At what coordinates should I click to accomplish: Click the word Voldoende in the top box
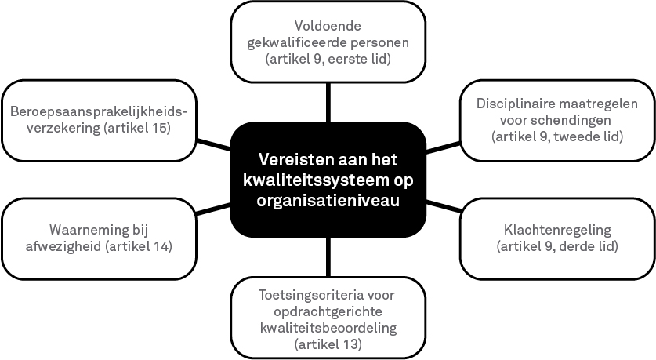pyautogui.click(x=328, y=26)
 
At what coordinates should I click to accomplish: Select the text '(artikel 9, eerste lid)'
pyautogui.click(x=328, y=59)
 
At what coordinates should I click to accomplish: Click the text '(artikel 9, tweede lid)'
pyautogui.click(x=557, y=136)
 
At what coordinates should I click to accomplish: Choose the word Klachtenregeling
pyautogui.click(x=557, y=231)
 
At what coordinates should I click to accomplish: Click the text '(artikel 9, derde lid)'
pyautogui.click(x=557, y=246)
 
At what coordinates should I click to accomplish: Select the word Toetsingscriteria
pyautogui.click(x=311, y=296)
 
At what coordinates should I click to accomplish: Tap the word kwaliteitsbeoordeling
pyautogui.click(x=328, y=328)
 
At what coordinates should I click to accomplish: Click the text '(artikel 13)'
pyautogui.click(x=328, y=344)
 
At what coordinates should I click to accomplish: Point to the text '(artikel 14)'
pyautogui.click(x=139, y=246)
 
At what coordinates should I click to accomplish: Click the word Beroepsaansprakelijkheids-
pyautogui.click(x=99, y=112)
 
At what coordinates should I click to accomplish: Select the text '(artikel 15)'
pyautogui.click(x=137, y=128)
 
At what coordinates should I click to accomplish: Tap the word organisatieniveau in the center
pyautogui.click(x=328, y=200)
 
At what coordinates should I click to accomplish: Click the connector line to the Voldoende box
pyautogui.click(x=328, y=103)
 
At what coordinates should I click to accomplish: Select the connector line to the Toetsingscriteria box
pyautogui.click(x=328, y=257)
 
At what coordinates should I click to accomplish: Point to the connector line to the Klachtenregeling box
pyautogui.click(x=444, y=206)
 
